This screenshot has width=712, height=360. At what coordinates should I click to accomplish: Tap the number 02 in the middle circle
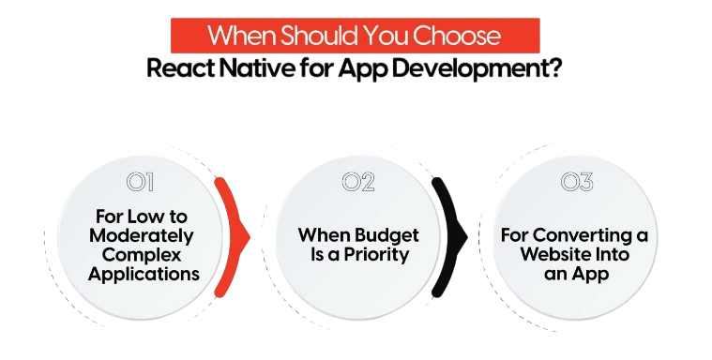[x=357, y=181]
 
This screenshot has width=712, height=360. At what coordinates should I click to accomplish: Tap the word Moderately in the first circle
[x=142, y=236]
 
